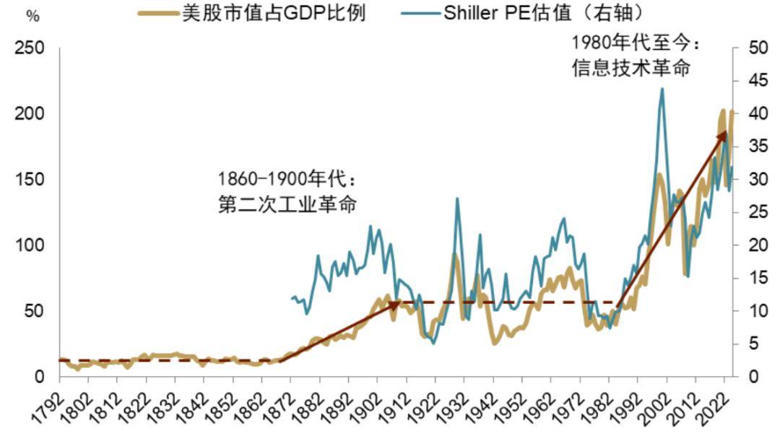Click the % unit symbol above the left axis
point(32,17)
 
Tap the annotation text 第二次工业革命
point(287,204)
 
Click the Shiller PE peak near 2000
point(662,89)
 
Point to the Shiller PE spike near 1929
point(456,198)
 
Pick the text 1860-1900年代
point(287,178)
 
